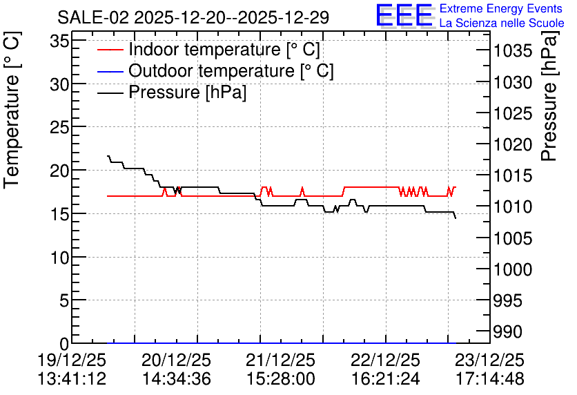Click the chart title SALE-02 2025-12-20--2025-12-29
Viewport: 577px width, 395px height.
pyautogui.click(x=193, y=17)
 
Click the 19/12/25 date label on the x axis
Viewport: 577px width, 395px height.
pyautogui.click(x=72, y=360)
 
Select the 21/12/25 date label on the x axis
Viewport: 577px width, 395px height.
pyautogui.click(x=280, y=360)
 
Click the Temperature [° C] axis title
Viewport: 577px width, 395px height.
pyautogui.click(x=12, y=110)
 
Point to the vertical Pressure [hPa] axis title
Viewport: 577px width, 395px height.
pyautogui.click(x=550, y=96)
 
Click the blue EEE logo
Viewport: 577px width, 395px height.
pyautogui.click(x=404, y=15)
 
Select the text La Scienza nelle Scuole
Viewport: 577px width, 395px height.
pyautogui.click(x=502, y=23)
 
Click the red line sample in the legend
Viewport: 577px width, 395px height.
pyautogui.click(x=110, y=50)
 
